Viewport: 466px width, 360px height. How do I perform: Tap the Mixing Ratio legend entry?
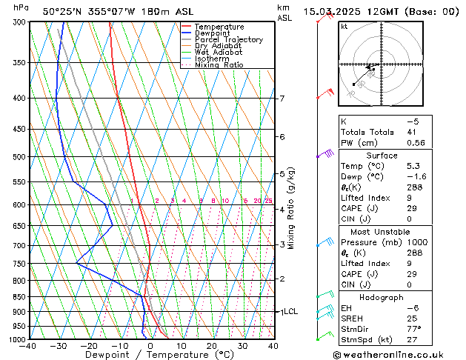coord(219,65)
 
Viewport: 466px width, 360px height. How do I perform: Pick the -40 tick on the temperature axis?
coord(28,346)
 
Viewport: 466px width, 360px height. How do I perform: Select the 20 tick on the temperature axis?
coord(212,346)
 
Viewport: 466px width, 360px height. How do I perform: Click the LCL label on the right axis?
coord(290,312)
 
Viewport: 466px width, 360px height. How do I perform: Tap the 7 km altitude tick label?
coord(282,99)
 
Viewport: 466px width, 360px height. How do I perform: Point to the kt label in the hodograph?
coord(344,27)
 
